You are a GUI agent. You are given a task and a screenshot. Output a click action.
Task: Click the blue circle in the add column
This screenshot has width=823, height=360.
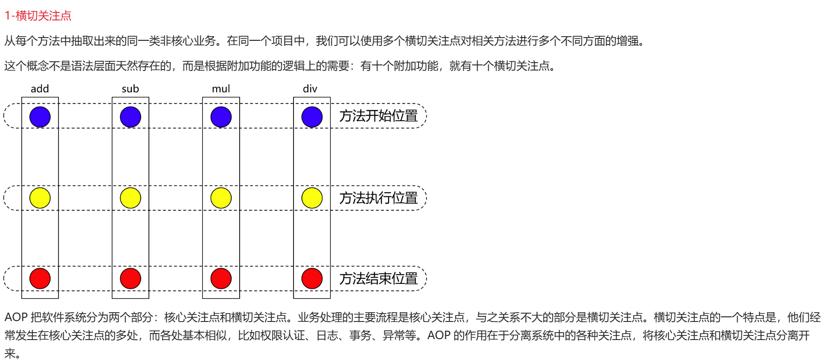point(40,117)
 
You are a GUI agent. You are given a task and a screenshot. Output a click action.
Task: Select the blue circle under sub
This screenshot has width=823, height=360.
point(130,117)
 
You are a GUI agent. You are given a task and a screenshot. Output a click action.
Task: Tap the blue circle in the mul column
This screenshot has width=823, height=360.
point(221,117)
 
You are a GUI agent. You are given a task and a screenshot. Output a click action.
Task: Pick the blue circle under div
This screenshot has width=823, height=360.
point(312,117)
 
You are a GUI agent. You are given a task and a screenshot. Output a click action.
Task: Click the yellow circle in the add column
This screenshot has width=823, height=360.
point(40,198)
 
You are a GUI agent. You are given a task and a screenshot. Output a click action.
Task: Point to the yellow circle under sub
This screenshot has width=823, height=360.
point(130,198)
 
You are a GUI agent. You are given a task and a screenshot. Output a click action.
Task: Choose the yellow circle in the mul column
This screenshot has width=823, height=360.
point(221,198)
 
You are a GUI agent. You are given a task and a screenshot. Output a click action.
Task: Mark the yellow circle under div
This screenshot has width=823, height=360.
point(312,198)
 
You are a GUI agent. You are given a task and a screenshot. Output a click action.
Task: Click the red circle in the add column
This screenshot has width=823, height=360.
point(40,278)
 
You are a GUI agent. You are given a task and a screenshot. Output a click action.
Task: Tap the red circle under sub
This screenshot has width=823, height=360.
point(130,278)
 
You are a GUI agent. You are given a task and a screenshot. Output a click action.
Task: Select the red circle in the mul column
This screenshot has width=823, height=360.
point(221,278)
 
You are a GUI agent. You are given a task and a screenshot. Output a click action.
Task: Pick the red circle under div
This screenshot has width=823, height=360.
point(312,278)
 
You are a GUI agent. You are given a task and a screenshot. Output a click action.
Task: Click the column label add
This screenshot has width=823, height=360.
point(40,89)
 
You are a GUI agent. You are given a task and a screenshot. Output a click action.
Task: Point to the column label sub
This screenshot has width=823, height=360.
point(130,89)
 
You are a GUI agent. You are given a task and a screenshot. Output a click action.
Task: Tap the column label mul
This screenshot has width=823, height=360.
point(221,89)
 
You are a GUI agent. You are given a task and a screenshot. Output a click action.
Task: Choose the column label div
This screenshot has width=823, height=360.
point(310,89)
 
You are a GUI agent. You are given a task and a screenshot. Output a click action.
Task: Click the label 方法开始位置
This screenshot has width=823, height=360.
point(378,116)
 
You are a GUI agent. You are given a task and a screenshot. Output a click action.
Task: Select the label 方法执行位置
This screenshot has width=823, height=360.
point(378,198)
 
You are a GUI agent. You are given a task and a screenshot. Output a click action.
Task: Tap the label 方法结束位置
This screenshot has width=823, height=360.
point(378,278)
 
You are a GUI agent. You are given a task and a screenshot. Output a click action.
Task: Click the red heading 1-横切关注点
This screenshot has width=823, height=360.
point(38,16)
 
